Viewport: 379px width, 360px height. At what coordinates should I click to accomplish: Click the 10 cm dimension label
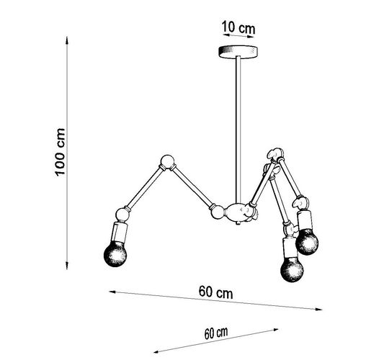[238, 27]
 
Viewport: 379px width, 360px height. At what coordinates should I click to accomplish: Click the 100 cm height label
[60, 152]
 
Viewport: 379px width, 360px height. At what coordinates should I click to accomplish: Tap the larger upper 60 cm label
[216, 292]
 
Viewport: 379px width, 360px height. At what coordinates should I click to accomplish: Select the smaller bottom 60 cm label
[216, 333]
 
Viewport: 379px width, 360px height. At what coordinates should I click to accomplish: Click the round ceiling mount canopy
[238, 51]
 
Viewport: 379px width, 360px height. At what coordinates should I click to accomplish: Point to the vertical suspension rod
[238, 130]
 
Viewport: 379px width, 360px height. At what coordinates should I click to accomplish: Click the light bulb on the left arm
[115, 254]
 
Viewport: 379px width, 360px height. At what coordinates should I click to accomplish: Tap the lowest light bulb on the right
[292, 269]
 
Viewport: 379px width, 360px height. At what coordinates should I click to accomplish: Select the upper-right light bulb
[307, 242]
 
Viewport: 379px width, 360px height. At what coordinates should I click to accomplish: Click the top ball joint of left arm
[167, 161]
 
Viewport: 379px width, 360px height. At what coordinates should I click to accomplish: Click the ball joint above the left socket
[122, 215]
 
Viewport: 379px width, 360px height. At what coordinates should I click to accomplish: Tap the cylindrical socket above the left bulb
[120, 233]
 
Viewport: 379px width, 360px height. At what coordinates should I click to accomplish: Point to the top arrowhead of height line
[67, 40]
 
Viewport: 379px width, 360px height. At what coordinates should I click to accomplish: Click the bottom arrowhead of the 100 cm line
[67, 266]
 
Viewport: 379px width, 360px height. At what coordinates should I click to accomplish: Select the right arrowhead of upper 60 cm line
[318, 309]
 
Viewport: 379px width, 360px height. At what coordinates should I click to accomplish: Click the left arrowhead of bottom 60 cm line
[158, 351]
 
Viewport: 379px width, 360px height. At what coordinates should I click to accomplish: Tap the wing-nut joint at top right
[275, 154]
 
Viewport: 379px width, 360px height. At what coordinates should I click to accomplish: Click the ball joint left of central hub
[218, 212]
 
